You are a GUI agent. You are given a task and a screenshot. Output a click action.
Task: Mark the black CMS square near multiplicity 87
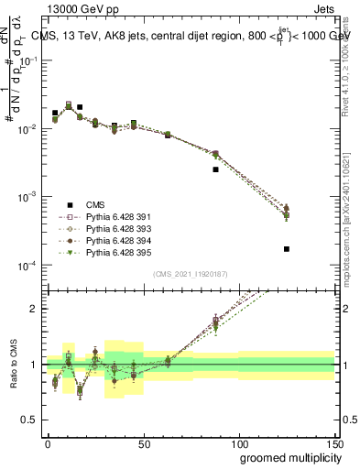216,169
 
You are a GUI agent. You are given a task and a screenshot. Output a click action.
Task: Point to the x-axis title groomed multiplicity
286,457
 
